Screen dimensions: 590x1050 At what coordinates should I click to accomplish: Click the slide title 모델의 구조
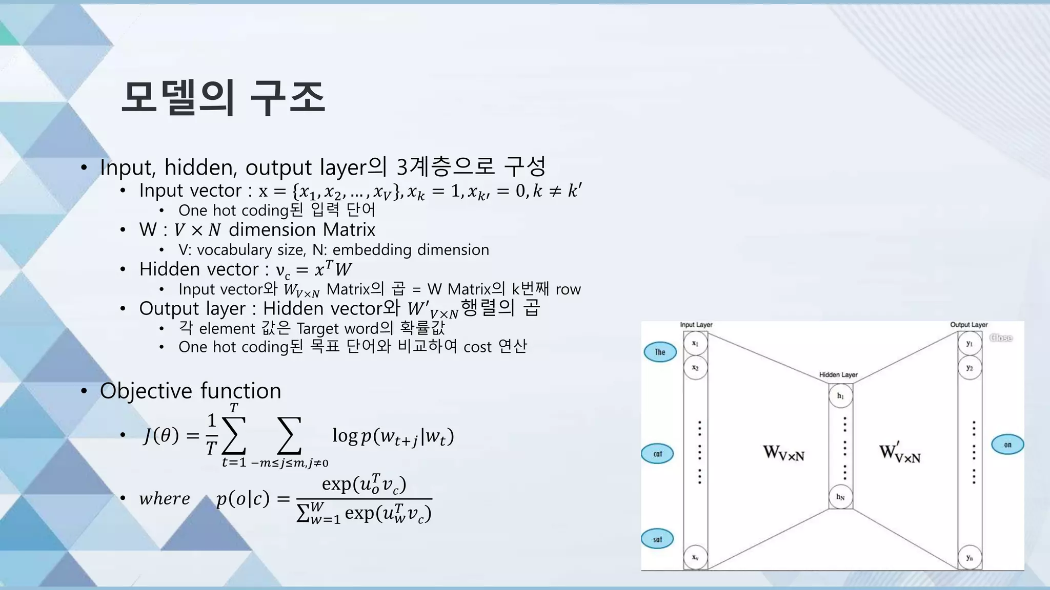[223, 97]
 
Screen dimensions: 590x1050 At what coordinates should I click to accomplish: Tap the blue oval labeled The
[660, 352]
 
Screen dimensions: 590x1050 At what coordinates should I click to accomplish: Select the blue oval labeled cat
[658, 454]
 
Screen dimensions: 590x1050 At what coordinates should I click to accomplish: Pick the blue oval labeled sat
[657, 539]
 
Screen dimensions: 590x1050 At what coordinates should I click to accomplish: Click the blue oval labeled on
[1007, 445]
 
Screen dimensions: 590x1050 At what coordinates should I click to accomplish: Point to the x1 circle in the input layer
[695, 344]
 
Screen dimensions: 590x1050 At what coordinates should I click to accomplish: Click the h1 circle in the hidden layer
[840, 396]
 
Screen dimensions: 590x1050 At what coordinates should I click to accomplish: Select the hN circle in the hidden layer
[840, 497]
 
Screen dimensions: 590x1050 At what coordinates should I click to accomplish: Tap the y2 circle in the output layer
[970, 368]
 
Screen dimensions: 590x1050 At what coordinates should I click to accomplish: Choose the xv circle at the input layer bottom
[695, 557]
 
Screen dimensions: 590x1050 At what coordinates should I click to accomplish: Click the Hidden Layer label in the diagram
[838, 375]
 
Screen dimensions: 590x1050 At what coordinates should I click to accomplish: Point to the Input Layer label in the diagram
[696, 325]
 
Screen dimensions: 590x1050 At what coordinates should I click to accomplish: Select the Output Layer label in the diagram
[968, 325]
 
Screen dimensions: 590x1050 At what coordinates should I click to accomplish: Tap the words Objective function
[190, 391]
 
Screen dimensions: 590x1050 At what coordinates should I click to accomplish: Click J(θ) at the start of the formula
[161, 436]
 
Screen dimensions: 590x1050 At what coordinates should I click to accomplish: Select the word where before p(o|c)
[164, 498]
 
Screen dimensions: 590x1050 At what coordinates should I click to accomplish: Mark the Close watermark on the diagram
[1001, 338]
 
